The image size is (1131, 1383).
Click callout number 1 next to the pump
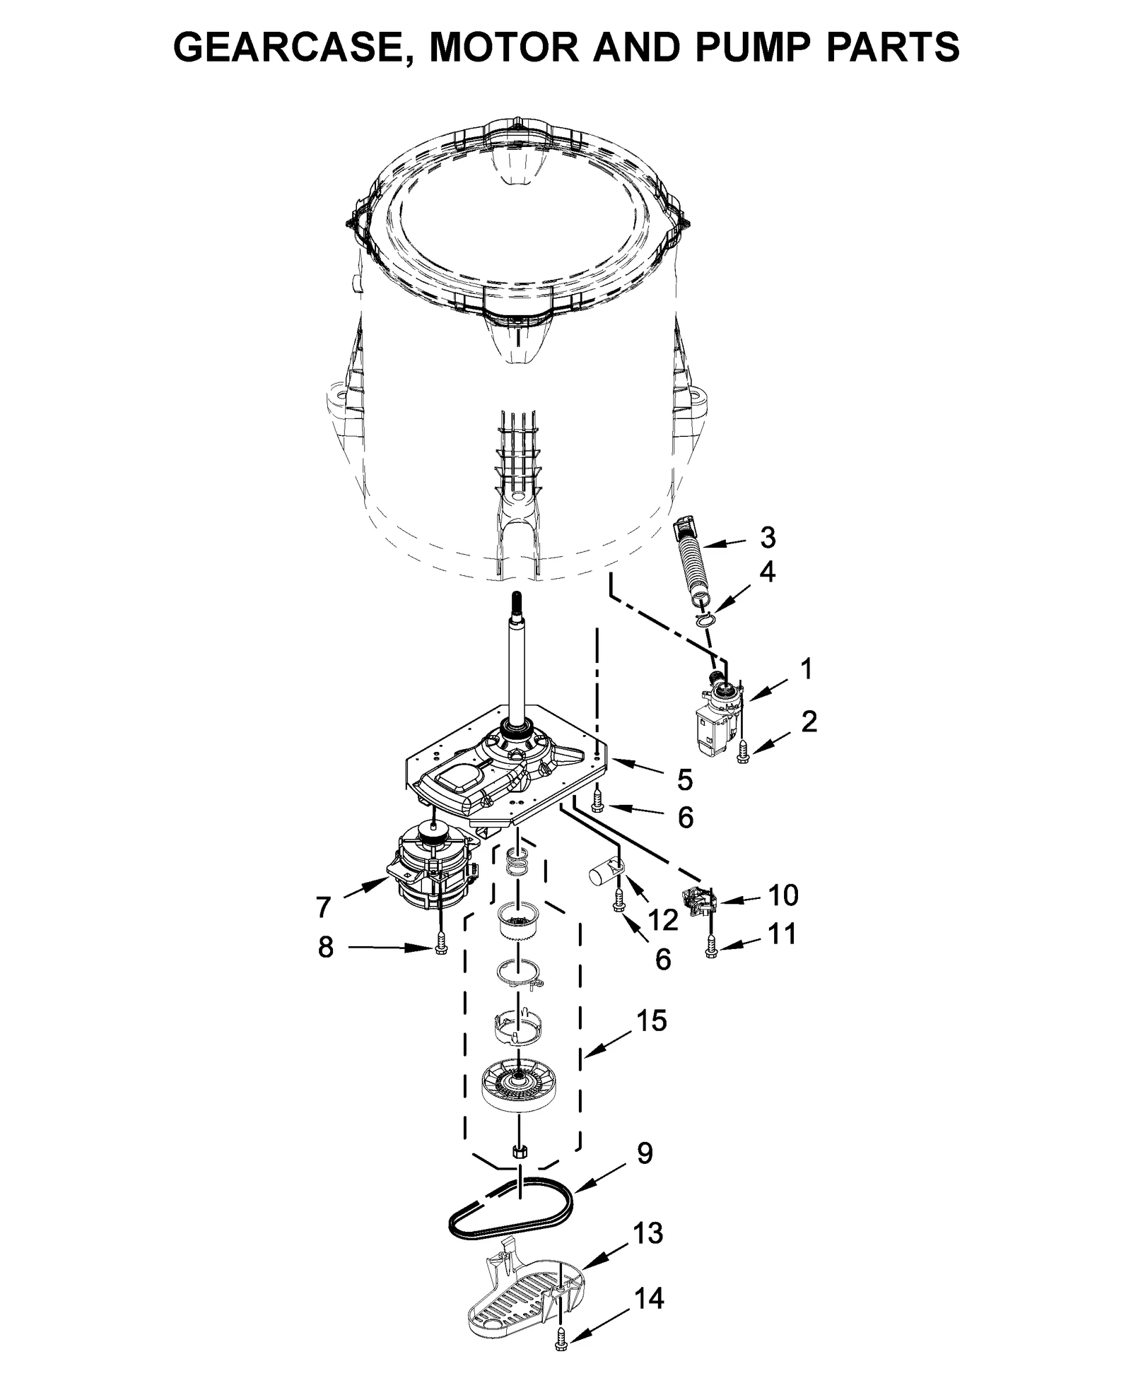pos(806,669)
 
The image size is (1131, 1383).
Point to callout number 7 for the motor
pos(323,907)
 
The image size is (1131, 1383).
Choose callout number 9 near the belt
pos(645,1153)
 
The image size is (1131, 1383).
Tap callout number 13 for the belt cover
pos(647,1233)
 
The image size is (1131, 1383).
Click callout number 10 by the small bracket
pos(783,895)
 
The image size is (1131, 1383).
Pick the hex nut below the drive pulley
pos(520,1150)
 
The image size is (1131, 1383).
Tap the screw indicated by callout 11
pos(711,948)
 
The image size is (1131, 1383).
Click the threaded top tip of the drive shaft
pos(517,600)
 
